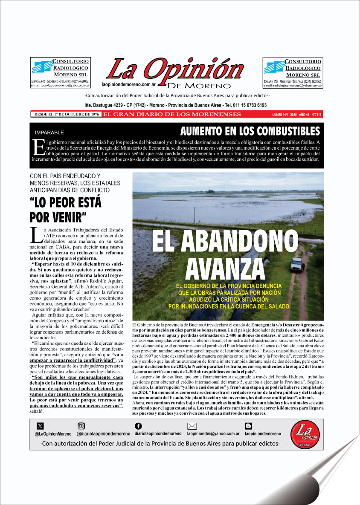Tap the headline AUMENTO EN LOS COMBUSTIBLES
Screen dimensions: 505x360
(x=250, y=131)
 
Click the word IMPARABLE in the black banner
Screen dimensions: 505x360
(x=49, y=133)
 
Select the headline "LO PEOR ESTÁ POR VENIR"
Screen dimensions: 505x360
(x=66, y=209)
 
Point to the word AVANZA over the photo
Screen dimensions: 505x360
(x=225, y=267)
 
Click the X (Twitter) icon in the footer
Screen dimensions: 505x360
(x=40, y=426)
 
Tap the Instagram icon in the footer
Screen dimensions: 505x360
(x=81, y=426)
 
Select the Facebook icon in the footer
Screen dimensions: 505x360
(x=138, y=426)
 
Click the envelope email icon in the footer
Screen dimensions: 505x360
(x=192, y=426)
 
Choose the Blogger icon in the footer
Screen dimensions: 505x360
(x=248, y=426)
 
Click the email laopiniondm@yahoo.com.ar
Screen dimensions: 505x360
(x=213, y=434)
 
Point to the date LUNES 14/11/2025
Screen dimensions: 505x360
(x=283, y=115)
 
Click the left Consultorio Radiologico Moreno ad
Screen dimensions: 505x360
(x=60, y=72)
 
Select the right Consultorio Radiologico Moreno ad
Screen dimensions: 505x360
(x=293, y=72)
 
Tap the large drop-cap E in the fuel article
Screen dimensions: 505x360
(x=38, y=145)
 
